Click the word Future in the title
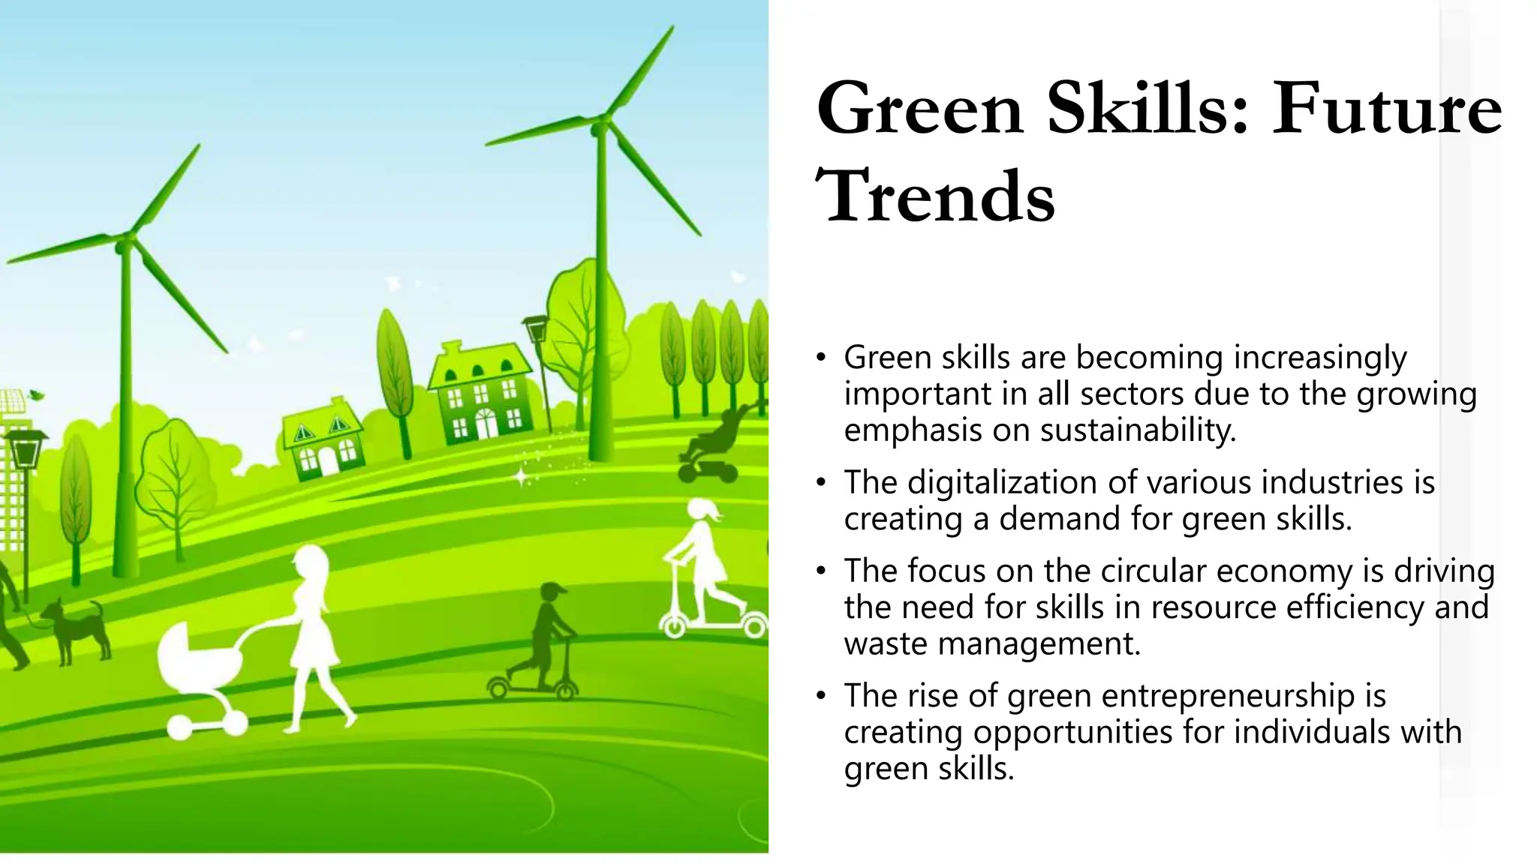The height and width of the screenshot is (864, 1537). coord(1387,110)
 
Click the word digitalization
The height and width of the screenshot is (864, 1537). coord(1003,482)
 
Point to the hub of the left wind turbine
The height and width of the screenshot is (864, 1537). coord(125,243)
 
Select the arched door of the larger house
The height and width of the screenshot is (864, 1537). coord(486,424)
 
